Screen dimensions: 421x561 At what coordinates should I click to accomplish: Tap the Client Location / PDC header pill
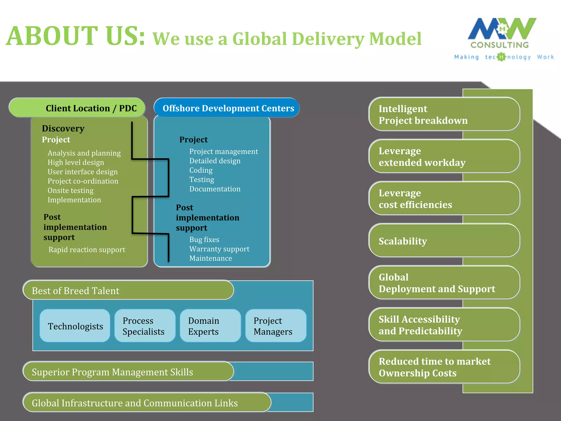77,108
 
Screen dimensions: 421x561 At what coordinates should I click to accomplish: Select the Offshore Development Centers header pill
227,108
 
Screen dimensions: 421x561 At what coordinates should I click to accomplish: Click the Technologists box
75,326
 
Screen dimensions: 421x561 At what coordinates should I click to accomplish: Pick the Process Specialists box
145,326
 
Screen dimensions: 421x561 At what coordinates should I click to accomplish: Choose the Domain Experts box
210,326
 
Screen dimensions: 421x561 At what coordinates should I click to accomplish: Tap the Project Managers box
276,326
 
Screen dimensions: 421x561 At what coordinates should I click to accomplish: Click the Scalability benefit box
444,241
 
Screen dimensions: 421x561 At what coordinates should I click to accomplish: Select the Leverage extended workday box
444,157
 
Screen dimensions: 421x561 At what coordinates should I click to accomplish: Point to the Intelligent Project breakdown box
444,114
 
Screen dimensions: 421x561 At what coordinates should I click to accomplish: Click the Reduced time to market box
444,367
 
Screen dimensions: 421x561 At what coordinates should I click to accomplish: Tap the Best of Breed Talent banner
128,290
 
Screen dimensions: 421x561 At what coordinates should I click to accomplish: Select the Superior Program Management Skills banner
128,372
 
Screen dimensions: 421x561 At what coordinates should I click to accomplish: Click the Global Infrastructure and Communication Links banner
147,403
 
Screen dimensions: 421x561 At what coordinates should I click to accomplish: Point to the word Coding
201,170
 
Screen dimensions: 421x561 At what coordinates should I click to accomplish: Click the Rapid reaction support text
87,250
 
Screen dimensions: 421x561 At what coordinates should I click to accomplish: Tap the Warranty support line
219,249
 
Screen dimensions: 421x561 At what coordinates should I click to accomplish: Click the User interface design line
82,172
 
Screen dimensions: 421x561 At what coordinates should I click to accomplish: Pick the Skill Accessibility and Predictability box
444,325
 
